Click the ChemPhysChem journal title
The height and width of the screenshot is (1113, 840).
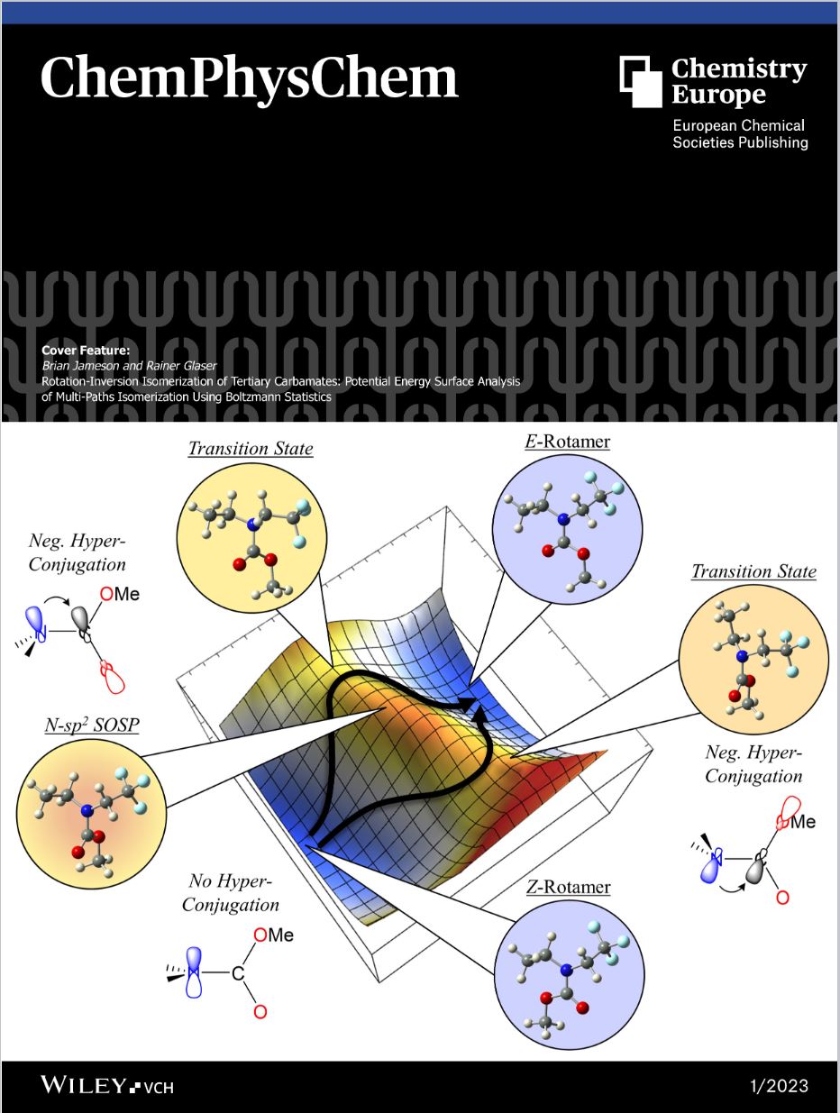point(250,79)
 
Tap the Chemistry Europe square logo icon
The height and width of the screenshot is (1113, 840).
point(641,81)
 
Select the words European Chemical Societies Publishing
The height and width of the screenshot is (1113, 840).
point(740,134)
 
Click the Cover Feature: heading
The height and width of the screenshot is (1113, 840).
point(86,351)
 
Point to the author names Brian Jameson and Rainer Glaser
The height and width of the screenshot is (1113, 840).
point(129,366)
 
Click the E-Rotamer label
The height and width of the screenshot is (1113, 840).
point(567,442)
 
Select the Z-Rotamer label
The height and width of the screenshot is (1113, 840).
point(569,888)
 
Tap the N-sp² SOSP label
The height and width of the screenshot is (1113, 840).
point(92,725)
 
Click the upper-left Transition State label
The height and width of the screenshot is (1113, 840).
point(251,448)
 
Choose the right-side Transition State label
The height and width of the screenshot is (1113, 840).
point(753,571)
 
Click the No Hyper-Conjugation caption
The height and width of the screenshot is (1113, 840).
point(231,892)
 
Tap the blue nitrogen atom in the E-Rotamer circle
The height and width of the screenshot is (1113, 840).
point(562,519)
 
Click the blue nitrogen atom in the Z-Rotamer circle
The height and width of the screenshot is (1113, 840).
point(566,971)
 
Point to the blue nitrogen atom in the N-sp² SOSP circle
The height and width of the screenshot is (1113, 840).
point(87,811)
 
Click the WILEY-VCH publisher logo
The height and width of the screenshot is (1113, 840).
point(107,1086)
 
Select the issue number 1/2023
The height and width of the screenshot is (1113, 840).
point(780,1086)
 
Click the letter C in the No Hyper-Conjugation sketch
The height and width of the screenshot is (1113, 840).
point(238,973)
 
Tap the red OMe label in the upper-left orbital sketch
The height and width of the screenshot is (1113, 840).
point(120,594)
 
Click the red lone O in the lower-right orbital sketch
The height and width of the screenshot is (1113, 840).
point(782,913)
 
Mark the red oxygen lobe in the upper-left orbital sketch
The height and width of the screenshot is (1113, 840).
point(114,679)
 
